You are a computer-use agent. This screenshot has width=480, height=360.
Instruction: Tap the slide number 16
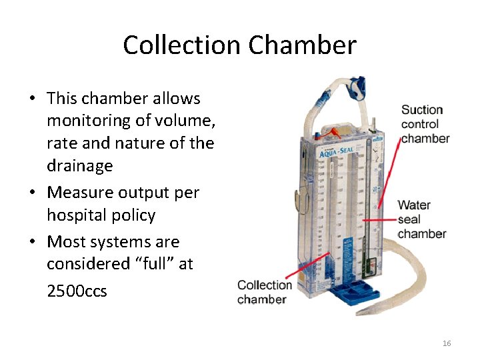(x=447, y=343)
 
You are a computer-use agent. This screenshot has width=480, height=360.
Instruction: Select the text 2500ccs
(x=77, y=291)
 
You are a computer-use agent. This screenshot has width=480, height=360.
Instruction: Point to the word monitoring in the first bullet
(x=87, y=121)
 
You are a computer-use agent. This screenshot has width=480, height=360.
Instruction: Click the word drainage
(x=80, y=165)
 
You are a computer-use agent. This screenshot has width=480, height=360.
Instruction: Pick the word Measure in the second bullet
(x=80, y=193)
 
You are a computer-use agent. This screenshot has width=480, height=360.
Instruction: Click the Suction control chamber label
(x=424, y=124)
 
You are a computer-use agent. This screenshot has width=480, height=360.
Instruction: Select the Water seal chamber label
(x=421, y=219)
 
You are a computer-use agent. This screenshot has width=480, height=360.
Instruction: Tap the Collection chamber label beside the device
(x=265, y=292)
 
